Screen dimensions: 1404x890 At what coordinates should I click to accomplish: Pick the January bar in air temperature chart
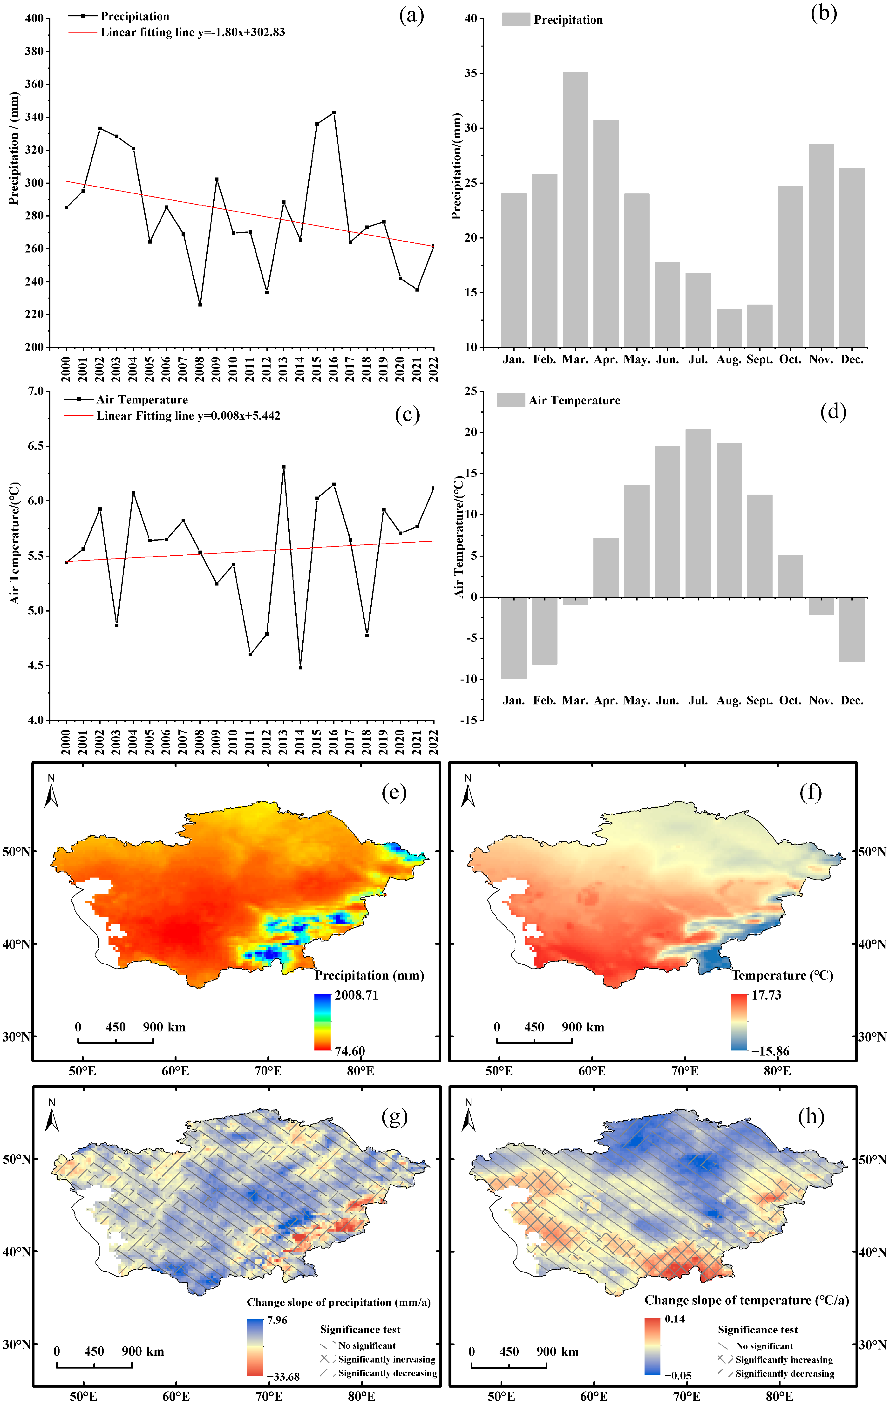(x=514, y=637)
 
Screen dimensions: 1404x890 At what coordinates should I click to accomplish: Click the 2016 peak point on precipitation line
(x=333, y=113)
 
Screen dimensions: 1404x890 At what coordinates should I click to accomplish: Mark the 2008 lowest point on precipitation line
(x=200, y=304)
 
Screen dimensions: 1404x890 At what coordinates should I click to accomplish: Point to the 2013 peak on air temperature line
(x=283, y=466)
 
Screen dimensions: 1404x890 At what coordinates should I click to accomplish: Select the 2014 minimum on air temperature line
(x=300, y=668)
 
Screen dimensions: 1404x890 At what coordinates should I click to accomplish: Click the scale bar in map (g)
(x=94, y=1365)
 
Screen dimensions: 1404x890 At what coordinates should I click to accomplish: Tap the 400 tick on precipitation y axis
(x=34, y=19)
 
